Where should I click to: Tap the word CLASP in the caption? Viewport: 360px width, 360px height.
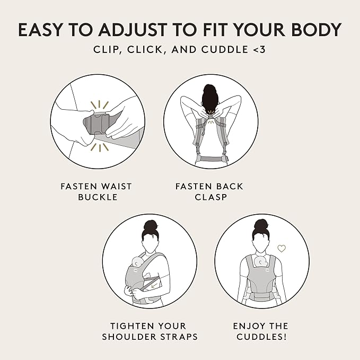210,196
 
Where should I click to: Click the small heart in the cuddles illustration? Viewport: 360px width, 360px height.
282,248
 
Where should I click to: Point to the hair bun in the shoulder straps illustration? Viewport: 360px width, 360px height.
150,225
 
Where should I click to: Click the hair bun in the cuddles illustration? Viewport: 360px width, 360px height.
261,225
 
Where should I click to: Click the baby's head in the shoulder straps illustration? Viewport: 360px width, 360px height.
136,262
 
